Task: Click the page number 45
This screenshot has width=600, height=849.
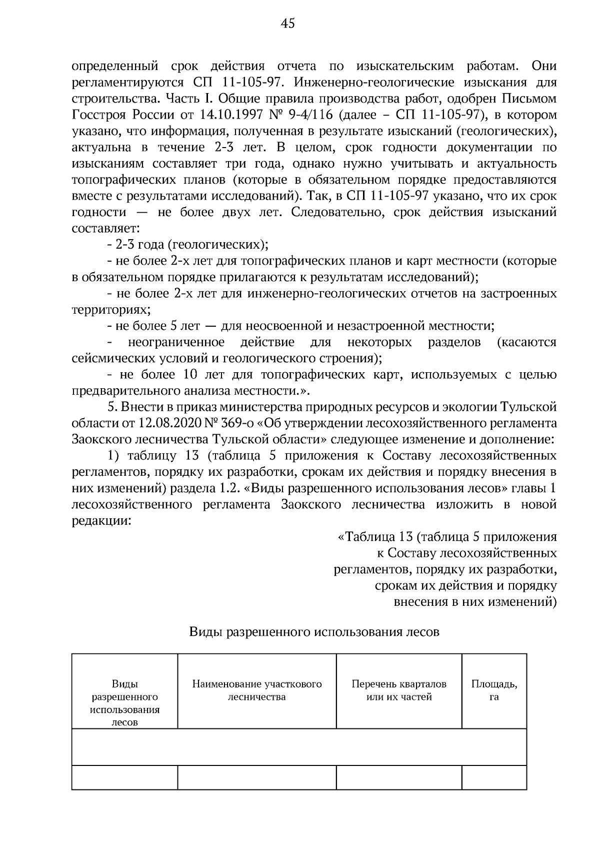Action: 288,24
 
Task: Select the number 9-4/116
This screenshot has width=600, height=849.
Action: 310,116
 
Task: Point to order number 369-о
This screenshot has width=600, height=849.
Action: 234,423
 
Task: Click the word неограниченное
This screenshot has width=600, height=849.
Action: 176,342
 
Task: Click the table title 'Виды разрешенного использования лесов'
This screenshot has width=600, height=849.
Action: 314,632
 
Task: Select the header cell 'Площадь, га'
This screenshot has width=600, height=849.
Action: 494,690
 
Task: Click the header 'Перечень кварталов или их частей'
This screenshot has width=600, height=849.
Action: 398,690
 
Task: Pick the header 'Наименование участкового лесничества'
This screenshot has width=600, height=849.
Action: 257,690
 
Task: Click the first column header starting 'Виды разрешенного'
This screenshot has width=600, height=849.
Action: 125,703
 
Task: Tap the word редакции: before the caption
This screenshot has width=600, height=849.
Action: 101,521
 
